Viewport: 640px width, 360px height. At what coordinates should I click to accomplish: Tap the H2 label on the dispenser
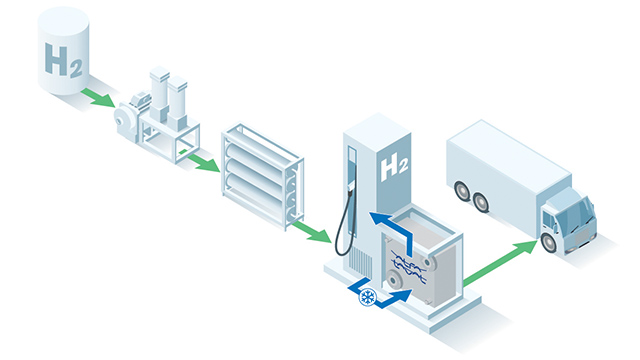(x=394, y=167)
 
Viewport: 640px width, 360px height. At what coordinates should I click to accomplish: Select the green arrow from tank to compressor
(x=97, y=97)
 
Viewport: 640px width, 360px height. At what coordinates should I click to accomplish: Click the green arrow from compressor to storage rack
(x=203, y=160)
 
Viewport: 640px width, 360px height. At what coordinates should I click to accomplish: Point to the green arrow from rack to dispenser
(x=311, y=232)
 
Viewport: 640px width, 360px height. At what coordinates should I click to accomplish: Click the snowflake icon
(x=368, y=296)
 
